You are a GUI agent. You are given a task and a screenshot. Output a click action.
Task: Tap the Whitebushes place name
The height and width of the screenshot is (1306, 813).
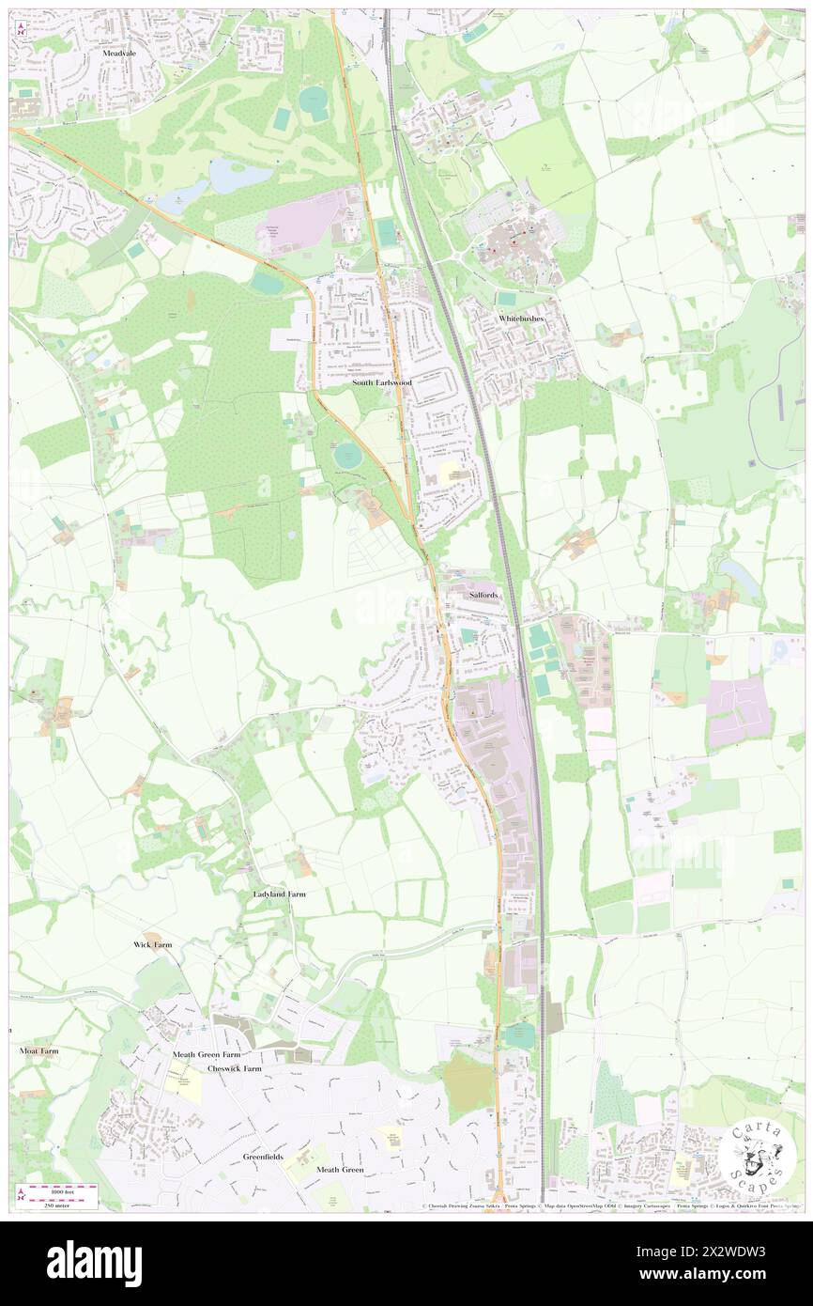tap(521, 319)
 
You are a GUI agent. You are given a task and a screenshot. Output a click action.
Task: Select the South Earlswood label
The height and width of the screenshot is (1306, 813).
tap(381, 382)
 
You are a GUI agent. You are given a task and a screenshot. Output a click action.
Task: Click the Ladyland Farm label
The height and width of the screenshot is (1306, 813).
tap(279, 894)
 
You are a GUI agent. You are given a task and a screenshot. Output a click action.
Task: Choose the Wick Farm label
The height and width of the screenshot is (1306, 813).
tap(152, 943)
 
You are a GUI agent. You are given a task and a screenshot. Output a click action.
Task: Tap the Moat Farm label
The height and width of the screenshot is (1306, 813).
tap(38, 1050)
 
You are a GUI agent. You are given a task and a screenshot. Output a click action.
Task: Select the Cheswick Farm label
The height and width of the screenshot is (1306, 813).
tap(235, 1068)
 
